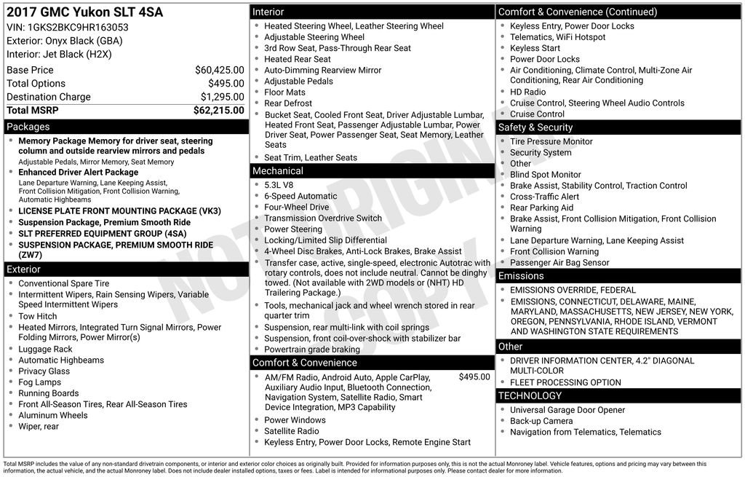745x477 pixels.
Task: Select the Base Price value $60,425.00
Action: coord(219,71)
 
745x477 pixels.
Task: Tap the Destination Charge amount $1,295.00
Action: coord(222,97)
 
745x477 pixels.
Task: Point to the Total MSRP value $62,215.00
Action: coord(218,111)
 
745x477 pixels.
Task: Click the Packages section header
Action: coord(28,127)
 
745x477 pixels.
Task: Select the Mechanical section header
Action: coord(278,171)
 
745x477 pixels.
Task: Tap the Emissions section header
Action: coord(521,276)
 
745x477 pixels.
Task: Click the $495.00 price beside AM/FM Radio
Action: coord(474,377)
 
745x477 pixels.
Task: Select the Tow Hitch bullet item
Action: coord(38,316)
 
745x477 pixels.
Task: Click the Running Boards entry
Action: coord(49,393)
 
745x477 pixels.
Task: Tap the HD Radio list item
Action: coord(527,92)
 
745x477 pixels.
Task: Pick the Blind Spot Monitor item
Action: coord(546,175)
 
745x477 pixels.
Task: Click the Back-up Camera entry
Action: coord(541,421)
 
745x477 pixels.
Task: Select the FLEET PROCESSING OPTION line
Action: coord(565,382)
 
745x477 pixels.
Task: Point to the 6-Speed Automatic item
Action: coord(300,196)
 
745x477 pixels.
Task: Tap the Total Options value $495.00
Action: coord(226,84)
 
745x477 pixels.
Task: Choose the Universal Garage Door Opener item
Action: coord(567,410)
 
